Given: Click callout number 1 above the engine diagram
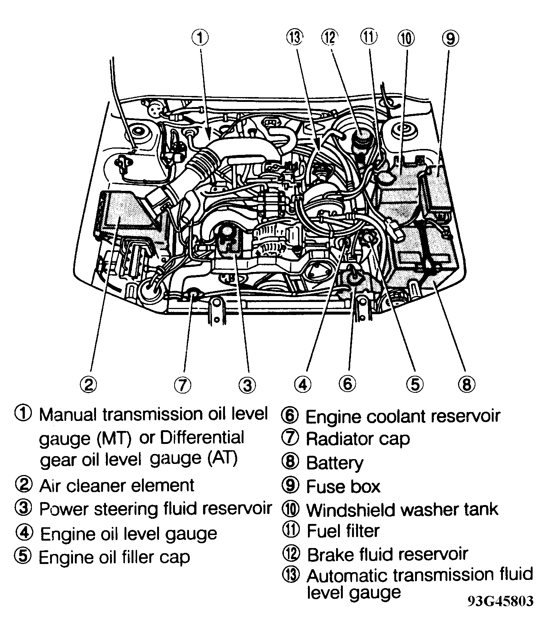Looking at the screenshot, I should pos(200,38).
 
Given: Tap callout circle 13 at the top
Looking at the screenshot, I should pos(295,38).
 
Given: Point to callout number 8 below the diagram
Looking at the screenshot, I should pos(466,385).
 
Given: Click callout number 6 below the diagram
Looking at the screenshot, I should pos(347,384).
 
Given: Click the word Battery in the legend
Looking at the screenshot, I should pos(335,463).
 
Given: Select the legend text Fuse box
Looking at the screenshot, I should pos(343,486).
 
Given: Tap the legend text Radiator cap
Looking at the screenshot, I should pos(358,439).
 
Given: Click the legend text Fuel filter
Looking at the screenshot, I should pos(343,531).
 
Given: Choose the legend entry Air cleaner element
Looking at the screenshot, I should pos(117,485).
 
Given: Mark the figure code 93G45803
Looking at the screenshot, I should pos(500,601).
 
